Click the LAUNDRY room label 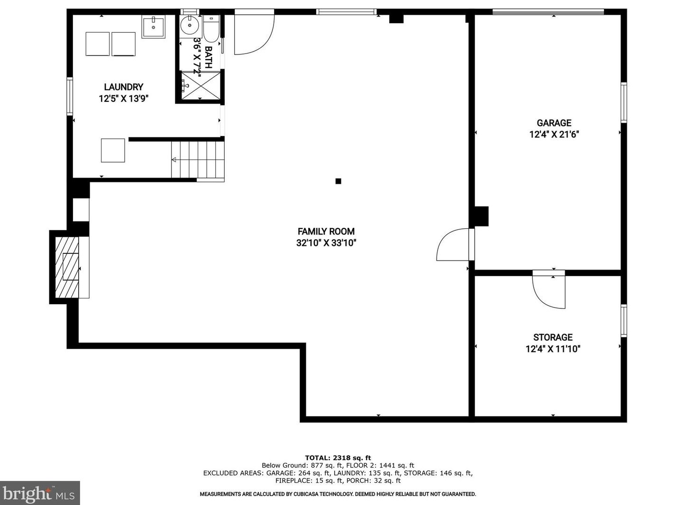pyautogui.click(x=123, y=87)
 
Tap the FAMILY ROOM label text pyautogui.click(x=326, y=232)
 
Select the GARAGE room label pyautogui.click(x=554, y=123)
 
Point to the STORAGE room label pyautogui.click(x=553, y=337)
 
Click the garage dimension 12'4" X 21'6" pyautogui.click(x=554, y=135)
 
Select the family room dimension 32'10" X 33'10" pyautogui.click(x=326, y=243)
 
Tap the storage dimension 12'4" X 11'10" pyautogui.click(x=553, y=349)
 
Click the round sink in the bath pyautogui.click(x=190, y=25)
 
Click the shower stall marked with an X pyautogui.click(x=201, y=86)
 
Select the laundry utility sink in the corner pyautogui.click(x=153, y=27)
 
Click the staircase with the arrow pyautogui.click(x=198, y=159)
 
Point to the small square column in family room pyautogui.click(x=338, y=181)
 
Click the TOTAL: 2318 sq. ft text pyautogui.click(x=338, y=458)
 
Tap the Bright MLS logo pyautogui.click(x=39, y=493)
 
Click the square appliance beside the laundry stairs pyautogui.click(x=113, y=151)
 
